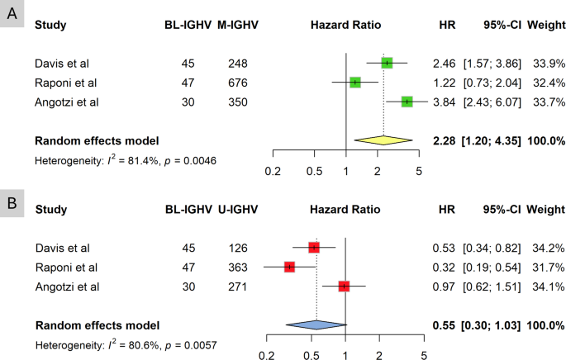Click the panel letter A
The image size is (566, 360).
(12, 12)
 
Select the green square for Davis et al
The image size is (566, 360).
(387, 63)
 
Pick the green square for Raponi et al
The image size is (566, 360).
(355, 82)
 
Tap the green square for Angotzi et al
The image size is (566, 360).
(407, 101)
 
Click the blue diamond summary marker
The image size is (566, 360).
(314, 324)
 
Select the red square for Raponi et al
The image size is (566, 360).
(289, 267)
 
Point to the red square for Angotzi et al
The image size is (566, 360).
(344, 286)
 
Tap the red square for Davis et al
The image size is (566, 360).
(314, 248)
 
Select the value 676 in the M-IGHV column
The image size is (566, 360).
(237, 82)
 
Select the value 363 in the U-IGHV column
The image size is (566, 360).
(237, 267)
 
